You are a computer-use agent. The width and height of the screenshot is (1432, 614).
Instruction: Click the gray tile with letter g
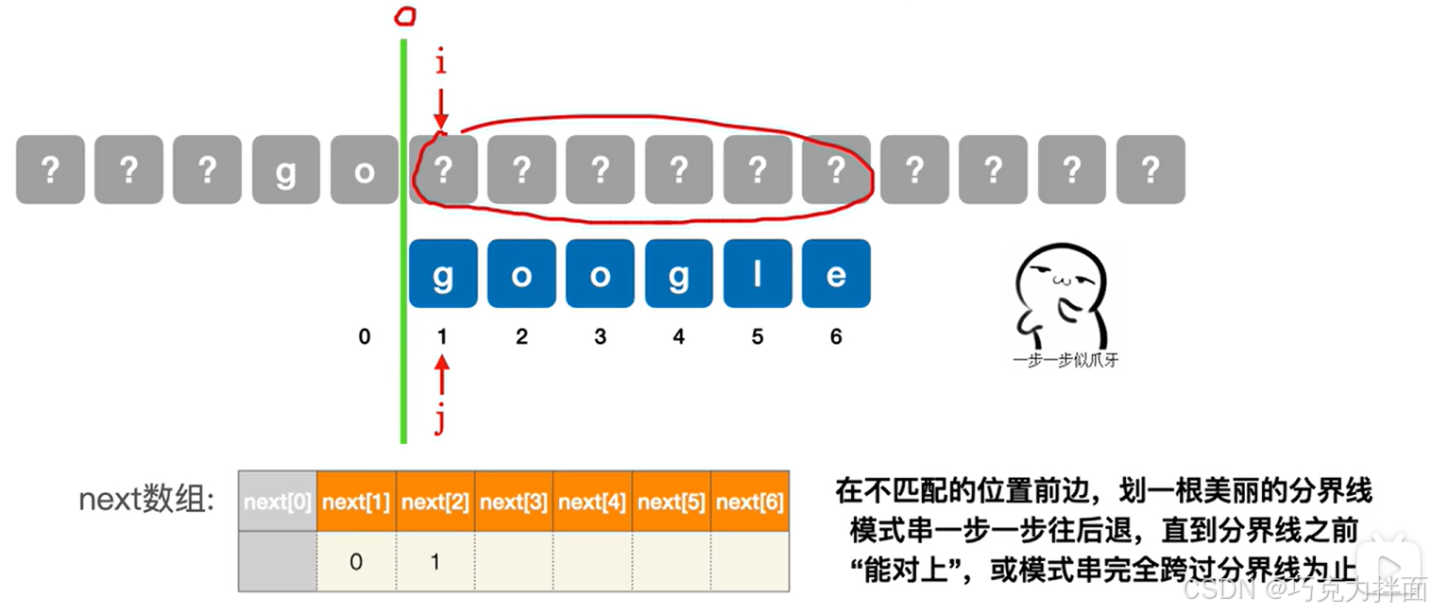(x=285, y=170)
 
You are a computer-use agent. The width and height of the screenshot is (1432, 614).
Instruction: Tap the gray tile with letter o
(x=364, y=170)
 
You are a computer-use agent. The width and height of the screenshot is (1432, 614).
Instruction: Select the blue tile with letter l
(x=757, y=274)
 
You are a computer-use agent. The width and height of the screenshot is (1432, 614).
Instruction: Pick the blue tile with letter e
(x=836, y=274)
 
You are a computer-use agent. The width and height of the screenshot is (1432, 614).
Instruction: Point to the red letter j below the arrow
(x=440, y=419)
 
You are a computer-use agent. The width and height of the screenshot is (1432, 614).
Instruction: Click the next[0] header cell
(x=278, y=502)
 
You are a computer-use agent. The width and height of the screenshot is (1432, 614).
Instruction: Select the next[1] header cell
(x=356, y=502)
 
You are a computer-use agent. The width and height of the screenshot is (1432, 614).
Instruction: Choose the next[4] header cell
(x=592, y=502)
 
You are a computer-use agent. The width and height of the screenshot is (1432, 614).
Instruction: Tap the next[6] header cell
(x=750, y=502)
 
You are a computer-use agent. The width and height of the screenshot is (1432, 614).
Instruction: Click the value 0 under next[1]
(x=356, y=562)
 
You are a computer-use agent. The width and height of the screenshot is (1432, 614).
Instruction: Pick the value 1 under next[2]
(x=435, y=562)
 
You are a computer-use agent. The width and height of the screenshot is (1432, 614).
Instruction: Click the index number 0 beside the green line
(x=365, y=336)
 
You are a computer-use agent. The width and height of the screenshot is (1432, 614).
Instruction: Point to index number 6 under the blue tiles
(x=836, y=336)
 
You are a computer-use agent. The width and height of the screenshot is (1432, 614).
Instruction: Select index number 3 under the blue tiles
(x=600, y=336)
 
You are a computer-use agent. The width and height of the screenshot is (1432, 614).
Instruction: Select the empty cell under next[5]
(x=671, y=562)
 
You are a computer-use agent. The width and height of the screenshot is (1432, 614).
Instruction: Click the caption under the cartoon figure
(x=1065, y=360)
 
